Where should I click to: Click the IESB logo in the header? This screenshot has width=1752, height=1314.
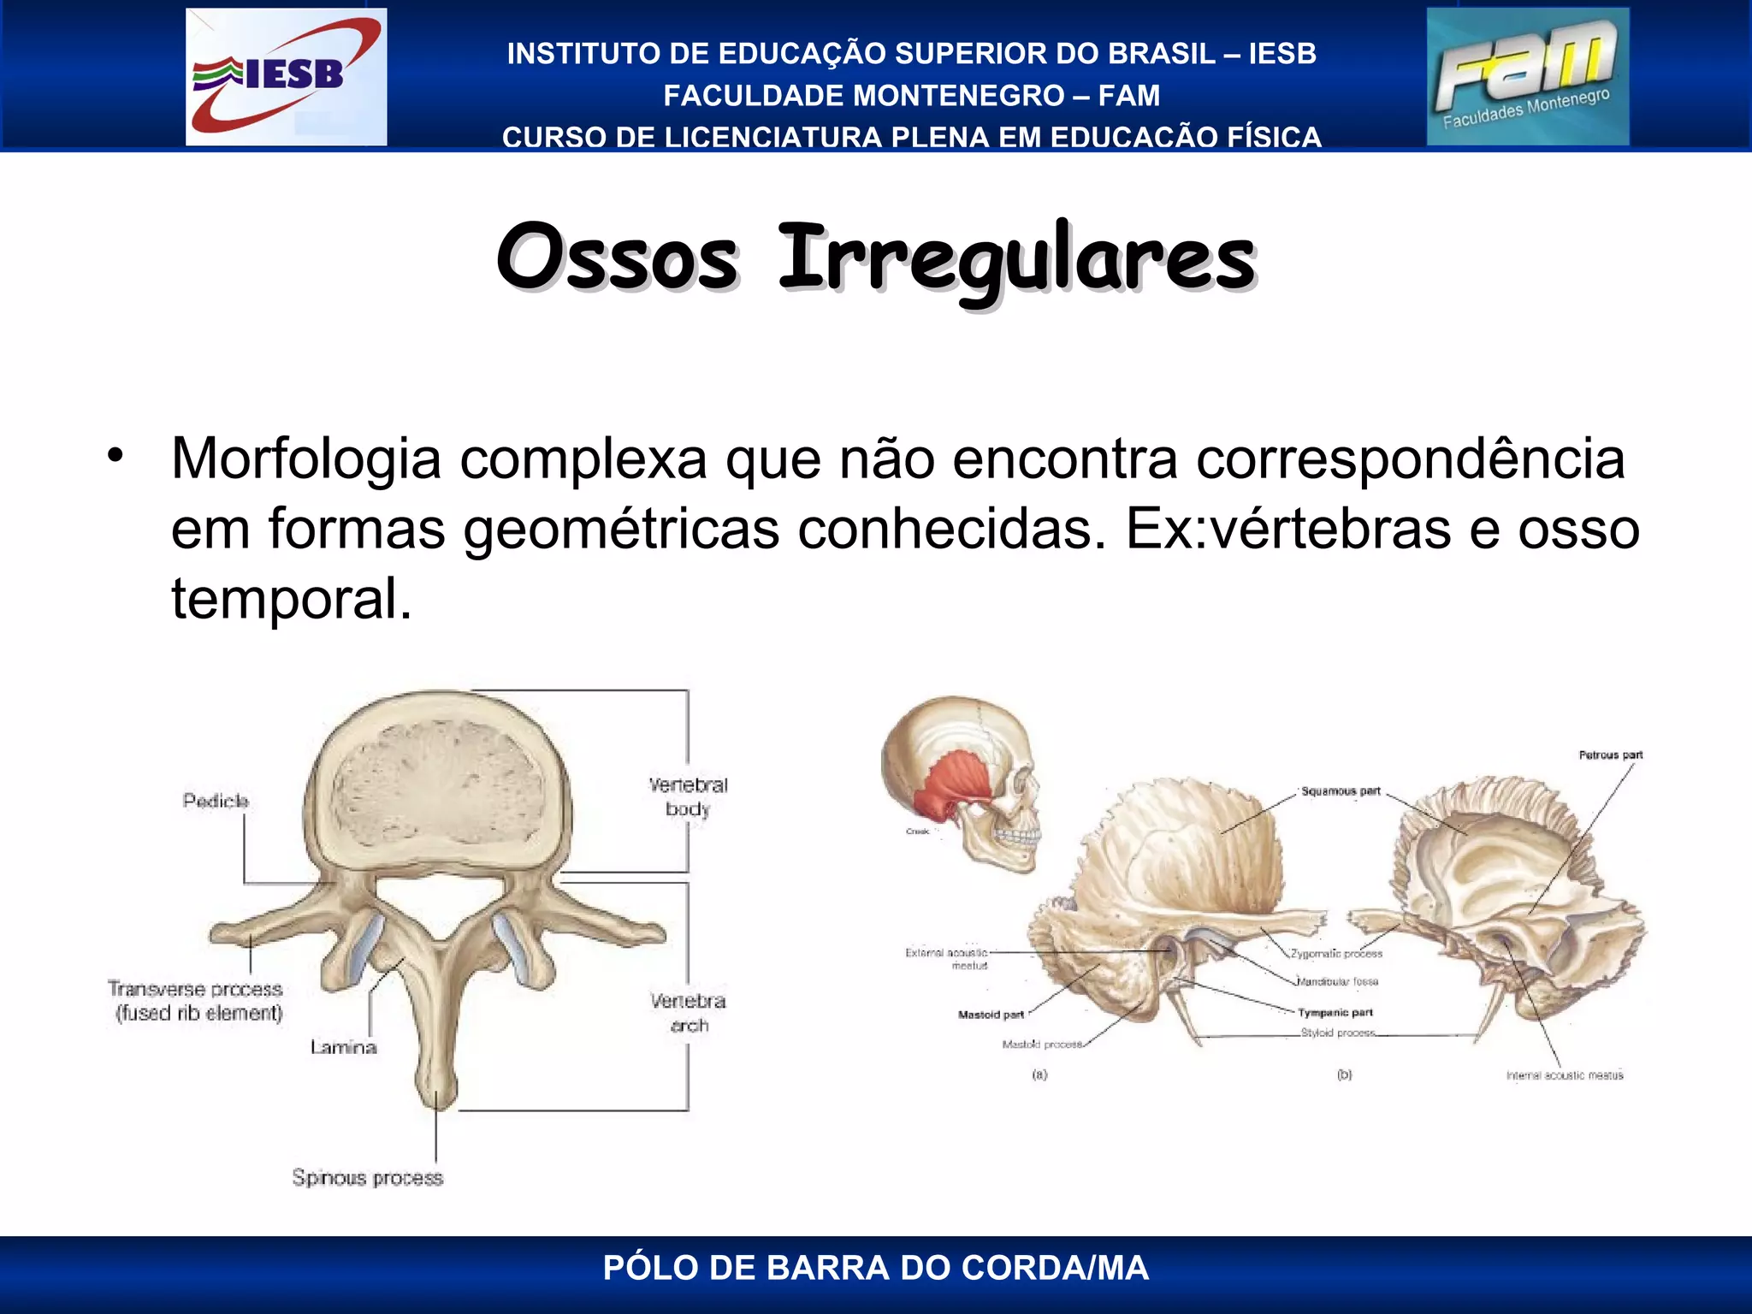point(286,76)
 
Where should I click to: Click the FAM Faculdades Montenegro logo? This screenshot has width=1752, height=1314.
point(1527,76)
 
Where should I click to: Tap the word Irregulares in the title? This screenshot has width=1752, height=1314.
point(1016,257)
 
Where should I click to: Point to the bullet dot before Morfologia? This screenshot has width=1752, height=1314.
point(115,455)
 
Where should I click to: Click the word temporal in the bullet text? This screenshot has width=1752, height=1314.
point(291,598)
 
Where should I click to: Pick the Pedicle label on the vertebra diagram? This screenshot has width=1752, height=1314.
point(216,801)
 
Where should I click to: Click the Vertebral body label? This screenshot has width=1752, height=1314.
point(688,796)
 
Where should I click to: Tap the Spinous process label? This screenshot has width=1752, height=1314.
point(368,1178)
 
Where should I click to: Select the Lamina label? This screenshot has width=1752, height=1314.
point(343,1047)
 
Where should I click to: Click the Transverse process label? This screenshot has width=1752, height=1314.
point(196,990)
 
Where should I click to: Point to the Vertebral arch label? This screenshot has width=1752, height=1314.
point(688,1013)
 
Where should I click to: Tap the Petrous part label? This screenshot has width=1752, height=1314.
point(1610,755)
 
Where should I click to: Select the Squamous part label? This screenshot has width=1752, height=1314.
point(1341,791)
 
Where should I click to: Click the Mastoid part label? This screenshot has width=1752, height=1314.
point(991,1015)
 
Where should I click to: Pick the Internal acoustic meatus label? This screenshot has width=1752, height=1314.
point(1564,1075)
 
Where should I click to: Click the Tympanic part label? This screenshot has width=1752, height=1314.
point(1335,1013)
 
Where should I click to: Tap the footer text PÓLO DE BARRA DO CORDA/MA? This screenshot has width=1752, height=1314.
point(876,1268)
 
